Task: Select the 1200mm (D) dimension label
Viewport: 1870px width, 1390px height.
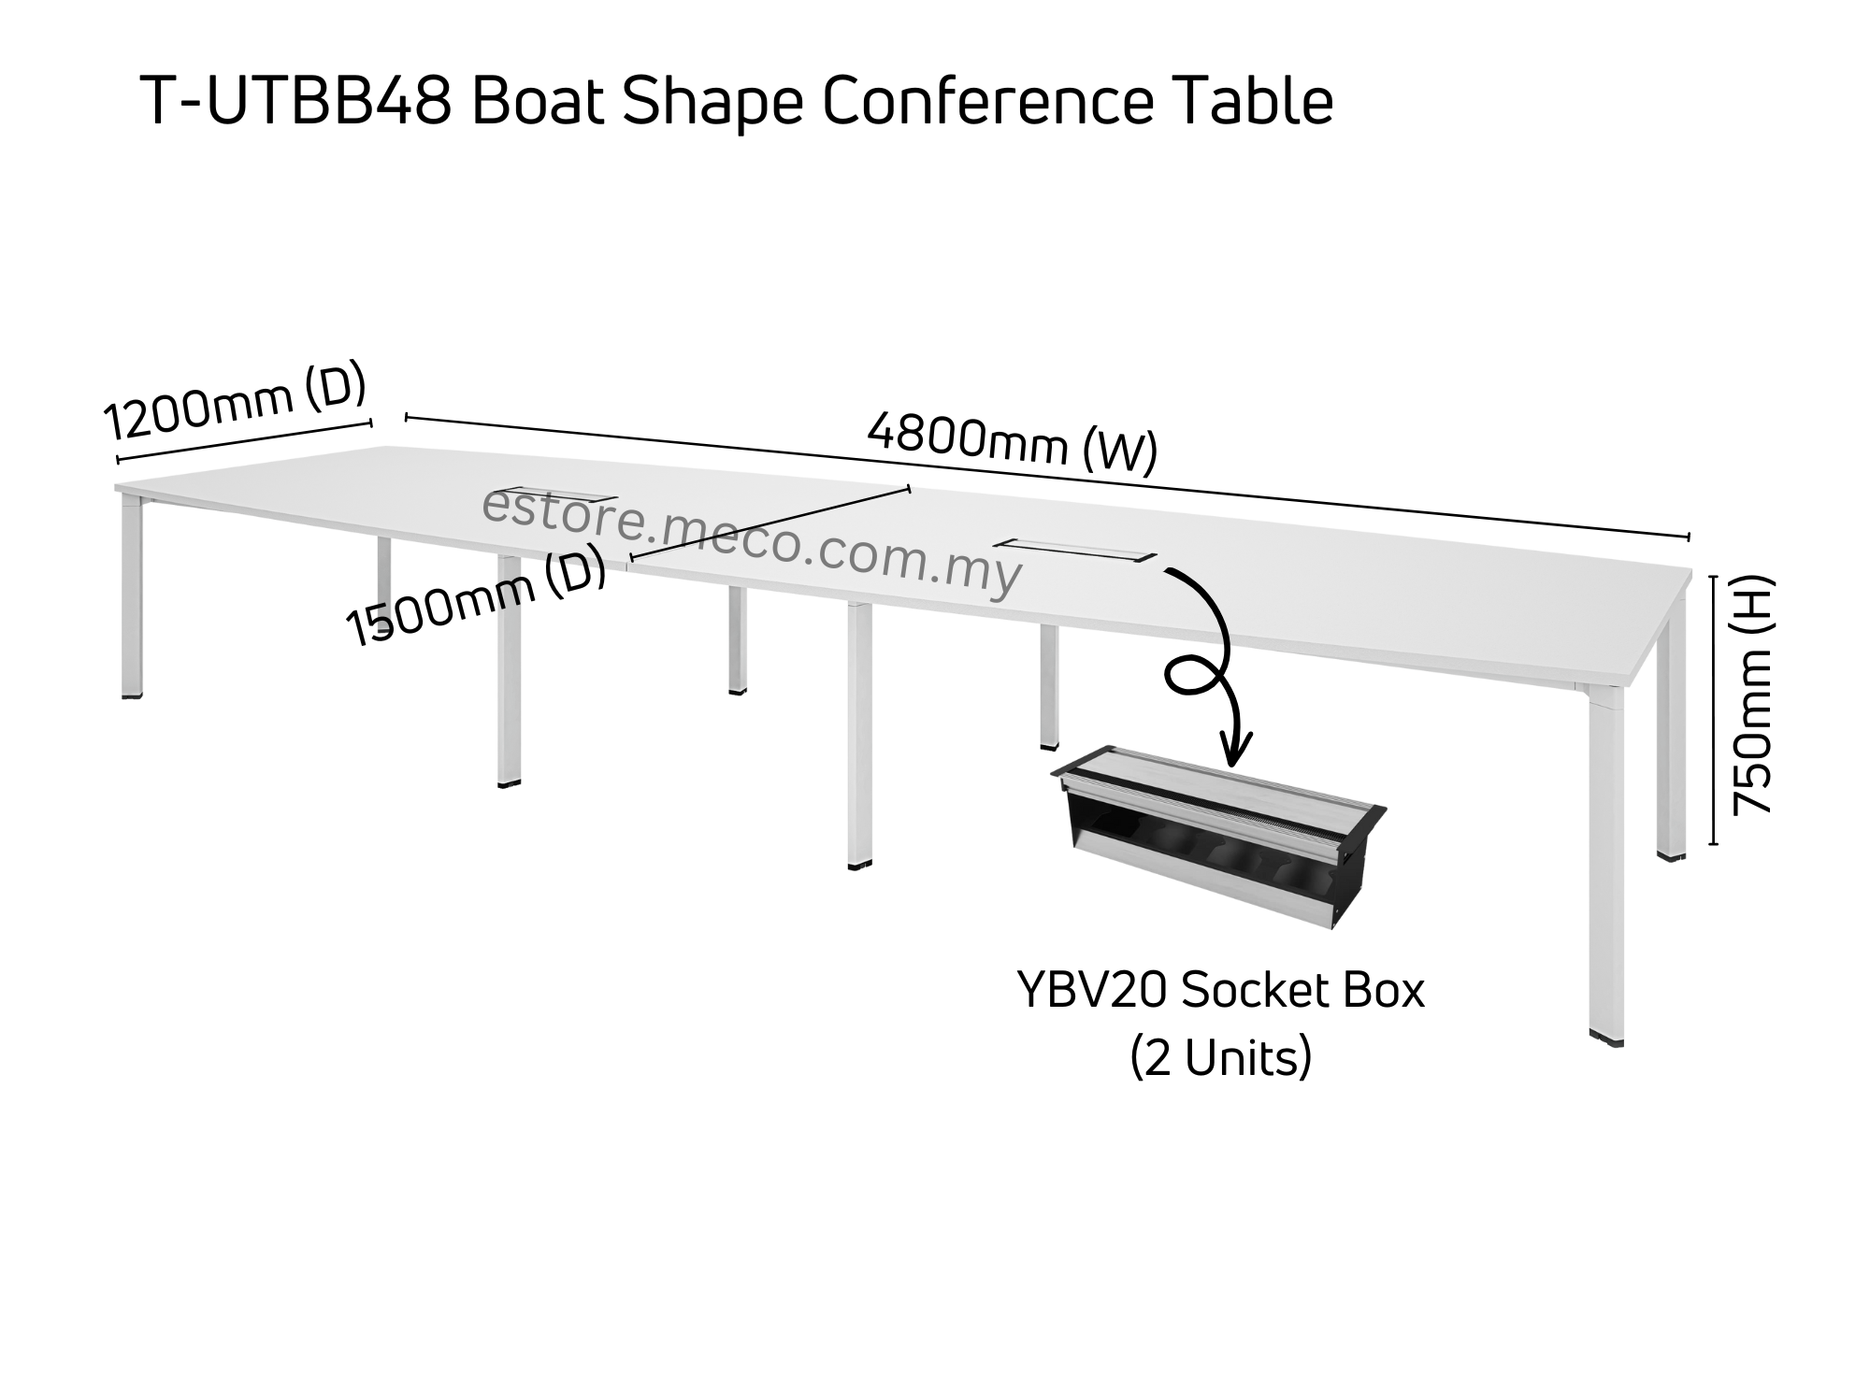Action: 234,402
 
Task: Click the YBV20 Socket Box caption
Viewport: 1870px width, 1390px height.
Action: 1221,992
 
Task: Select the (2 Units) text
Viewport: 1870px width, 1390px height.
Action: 1221,1058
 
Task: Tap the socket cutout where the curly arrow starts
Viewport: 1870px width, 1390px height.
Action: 1075,550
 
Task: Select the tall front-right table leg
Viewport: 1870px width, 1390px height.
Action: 1606,860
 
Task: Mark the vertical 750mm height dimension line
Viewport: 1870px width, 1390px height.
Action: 1714,710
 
